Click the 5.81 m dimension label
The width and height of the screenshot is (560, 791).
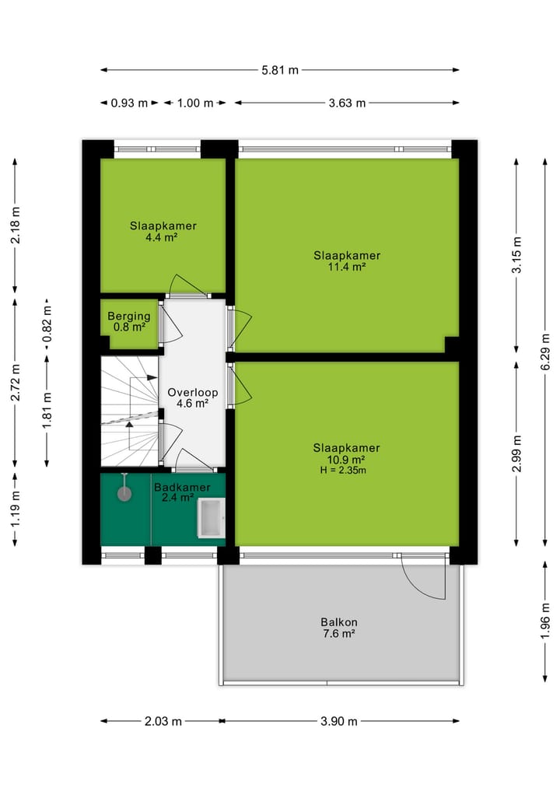(x=280, y=70)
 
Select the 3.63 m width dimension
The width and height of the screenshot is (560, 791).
(x=347, y=103)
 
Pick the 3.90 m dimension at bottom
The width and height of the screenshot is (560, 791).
(x=338, y=721)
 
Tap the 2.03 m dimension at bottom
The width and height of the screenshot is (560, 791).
(x=163, y=721)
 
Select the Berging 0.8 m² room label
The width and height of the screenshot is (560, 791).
(x=129, y=321)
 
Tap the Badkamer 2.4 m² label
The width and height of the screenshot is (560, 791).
(x=181, y=492)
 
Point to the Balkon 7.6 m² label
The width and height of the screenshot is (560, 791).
(x=338, y=628)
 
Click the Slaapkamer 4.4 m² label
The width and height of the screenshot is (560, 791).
(x=163, y=231)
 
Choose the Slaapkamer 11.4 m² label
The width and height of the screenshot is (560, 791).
(x=347, y=261)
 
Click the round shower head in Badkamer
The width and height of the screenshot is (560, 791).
(x=124, y=493)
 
